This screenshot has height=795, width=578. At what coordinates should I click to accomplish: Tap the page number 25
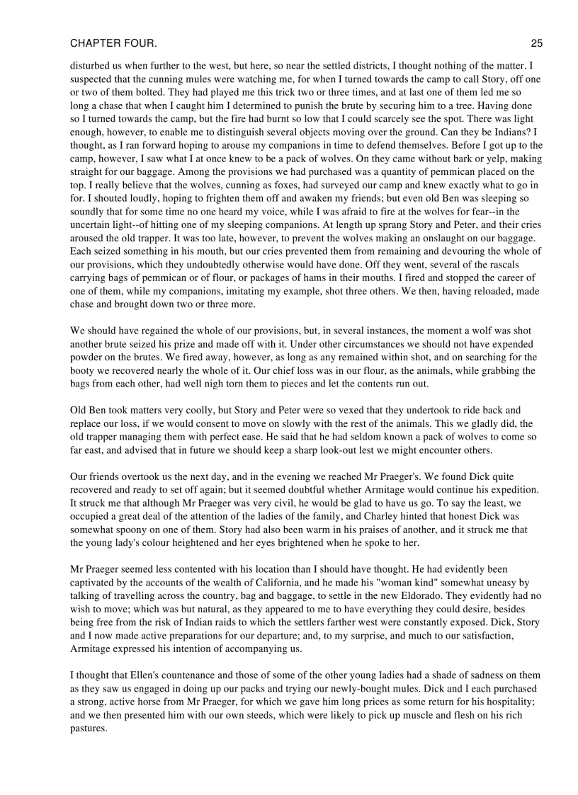click(x=536, y=44)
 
